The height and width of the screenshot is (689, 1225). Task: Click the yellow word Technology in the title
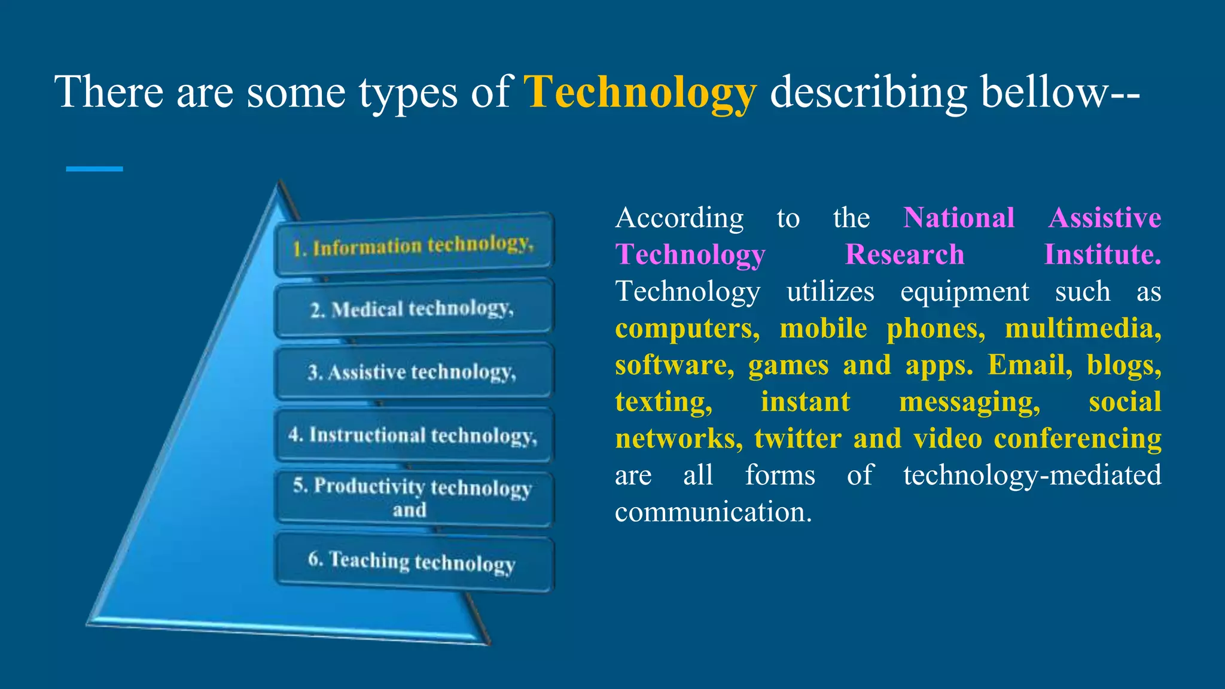[x=640, y=93]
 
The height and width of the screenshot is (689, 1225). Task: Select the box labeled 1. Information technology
[x=414, y=245]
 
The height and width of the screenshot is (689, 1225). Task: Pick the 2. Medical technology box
[x=414, y=309]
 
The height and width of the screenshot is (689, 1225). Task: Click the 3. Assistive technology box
[x=414, y=372]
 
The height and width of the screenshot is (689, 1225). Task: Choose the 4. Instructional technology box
[x=414, y=435]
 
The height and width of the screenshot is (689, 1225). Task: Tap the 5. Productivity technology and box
[x=414, y=498]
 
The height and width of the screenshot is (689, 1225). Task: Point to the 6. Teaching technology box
[x=414, y=562]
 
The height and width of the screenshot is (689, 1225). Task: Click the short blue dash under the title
[x=95, y=169]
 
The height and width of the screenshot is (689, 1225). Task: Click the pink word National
[x=959, y=218]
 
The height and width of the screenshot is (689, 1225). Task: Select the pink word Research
[x=904, y=255]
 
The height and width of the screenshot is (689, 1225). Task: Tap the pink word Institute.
[x=1102, y=255]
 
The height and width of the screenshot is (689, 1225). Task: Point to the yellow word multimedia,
[x=1083, y=328]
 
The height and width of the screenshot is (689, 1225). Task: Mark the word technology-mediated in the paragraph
[x=1032, y=475]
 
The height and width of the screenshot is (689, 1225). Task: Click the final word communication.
[x=713, y=513]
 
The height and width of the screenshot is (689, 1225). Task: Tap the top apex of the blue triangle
[x=279, y=185]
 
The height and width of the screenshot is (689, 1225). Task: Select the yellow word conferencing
[x=1077, y=438]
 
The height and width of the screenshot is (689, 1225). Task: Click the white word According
[x=679, y=218]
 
